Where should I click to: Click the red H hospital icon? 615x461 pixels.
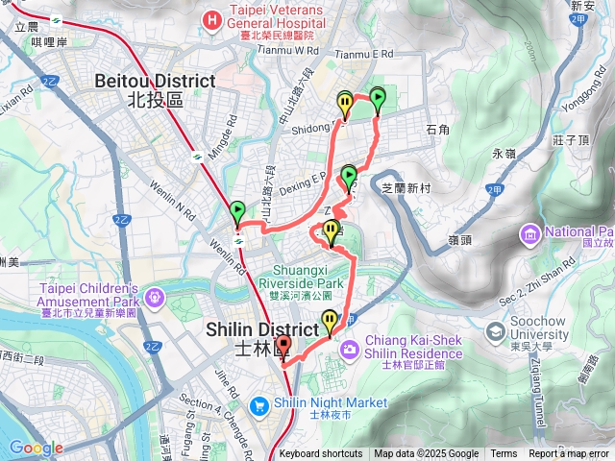coord(209,18)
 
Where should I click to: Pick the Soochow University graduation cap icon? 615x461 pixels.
coord(495,333)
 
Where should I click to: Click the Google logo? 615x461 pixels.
coord(36,448)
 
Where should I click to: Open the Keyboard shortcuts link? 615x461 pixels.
coord(321,454)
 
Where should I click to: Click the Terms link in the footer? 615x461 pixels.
coord(504,454)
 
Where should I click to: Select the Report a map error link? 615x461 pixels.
coord(569,454)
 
